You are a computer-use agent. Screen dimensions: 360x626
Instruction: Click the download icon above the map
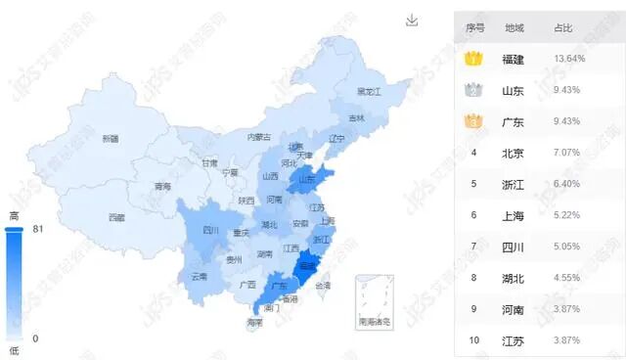(x=413, y=21)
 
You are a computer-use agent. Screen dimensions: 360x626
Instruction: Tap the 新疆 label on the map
(x=111, y=139)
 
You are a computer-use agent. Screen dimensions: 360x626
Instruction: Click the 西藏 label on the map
(x=116, y=217)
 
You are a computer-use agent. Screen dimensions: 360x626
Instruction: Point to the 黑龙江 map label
(x=368, y=91)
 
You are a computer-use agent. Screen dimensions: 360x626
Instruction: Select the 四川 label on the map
(x=210, y=231)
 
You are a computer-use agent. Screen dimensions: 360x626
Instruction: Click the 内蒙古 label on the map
(x=258, y=137)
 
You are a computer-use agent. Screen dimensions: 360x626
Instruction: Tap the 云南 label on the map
(x=199, y=277)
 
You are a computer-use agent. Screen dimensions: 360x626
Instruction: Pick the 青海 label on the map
(x=162, y=186)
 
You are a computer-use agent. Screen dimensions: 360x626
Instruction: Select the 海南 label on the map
(x=254, y=322)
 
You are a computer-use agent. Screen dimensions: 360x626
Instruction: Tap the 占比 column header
(x=563, y=27)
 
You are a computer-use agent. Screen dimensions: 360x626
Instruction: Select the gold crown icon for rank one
(x=473, y=59)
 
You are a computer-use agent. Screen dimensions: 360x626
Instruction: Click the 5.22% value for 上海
(x=567, y=215)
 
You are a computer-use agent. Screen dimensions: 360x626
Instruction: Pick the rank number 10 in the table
(x=474, y=340)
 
